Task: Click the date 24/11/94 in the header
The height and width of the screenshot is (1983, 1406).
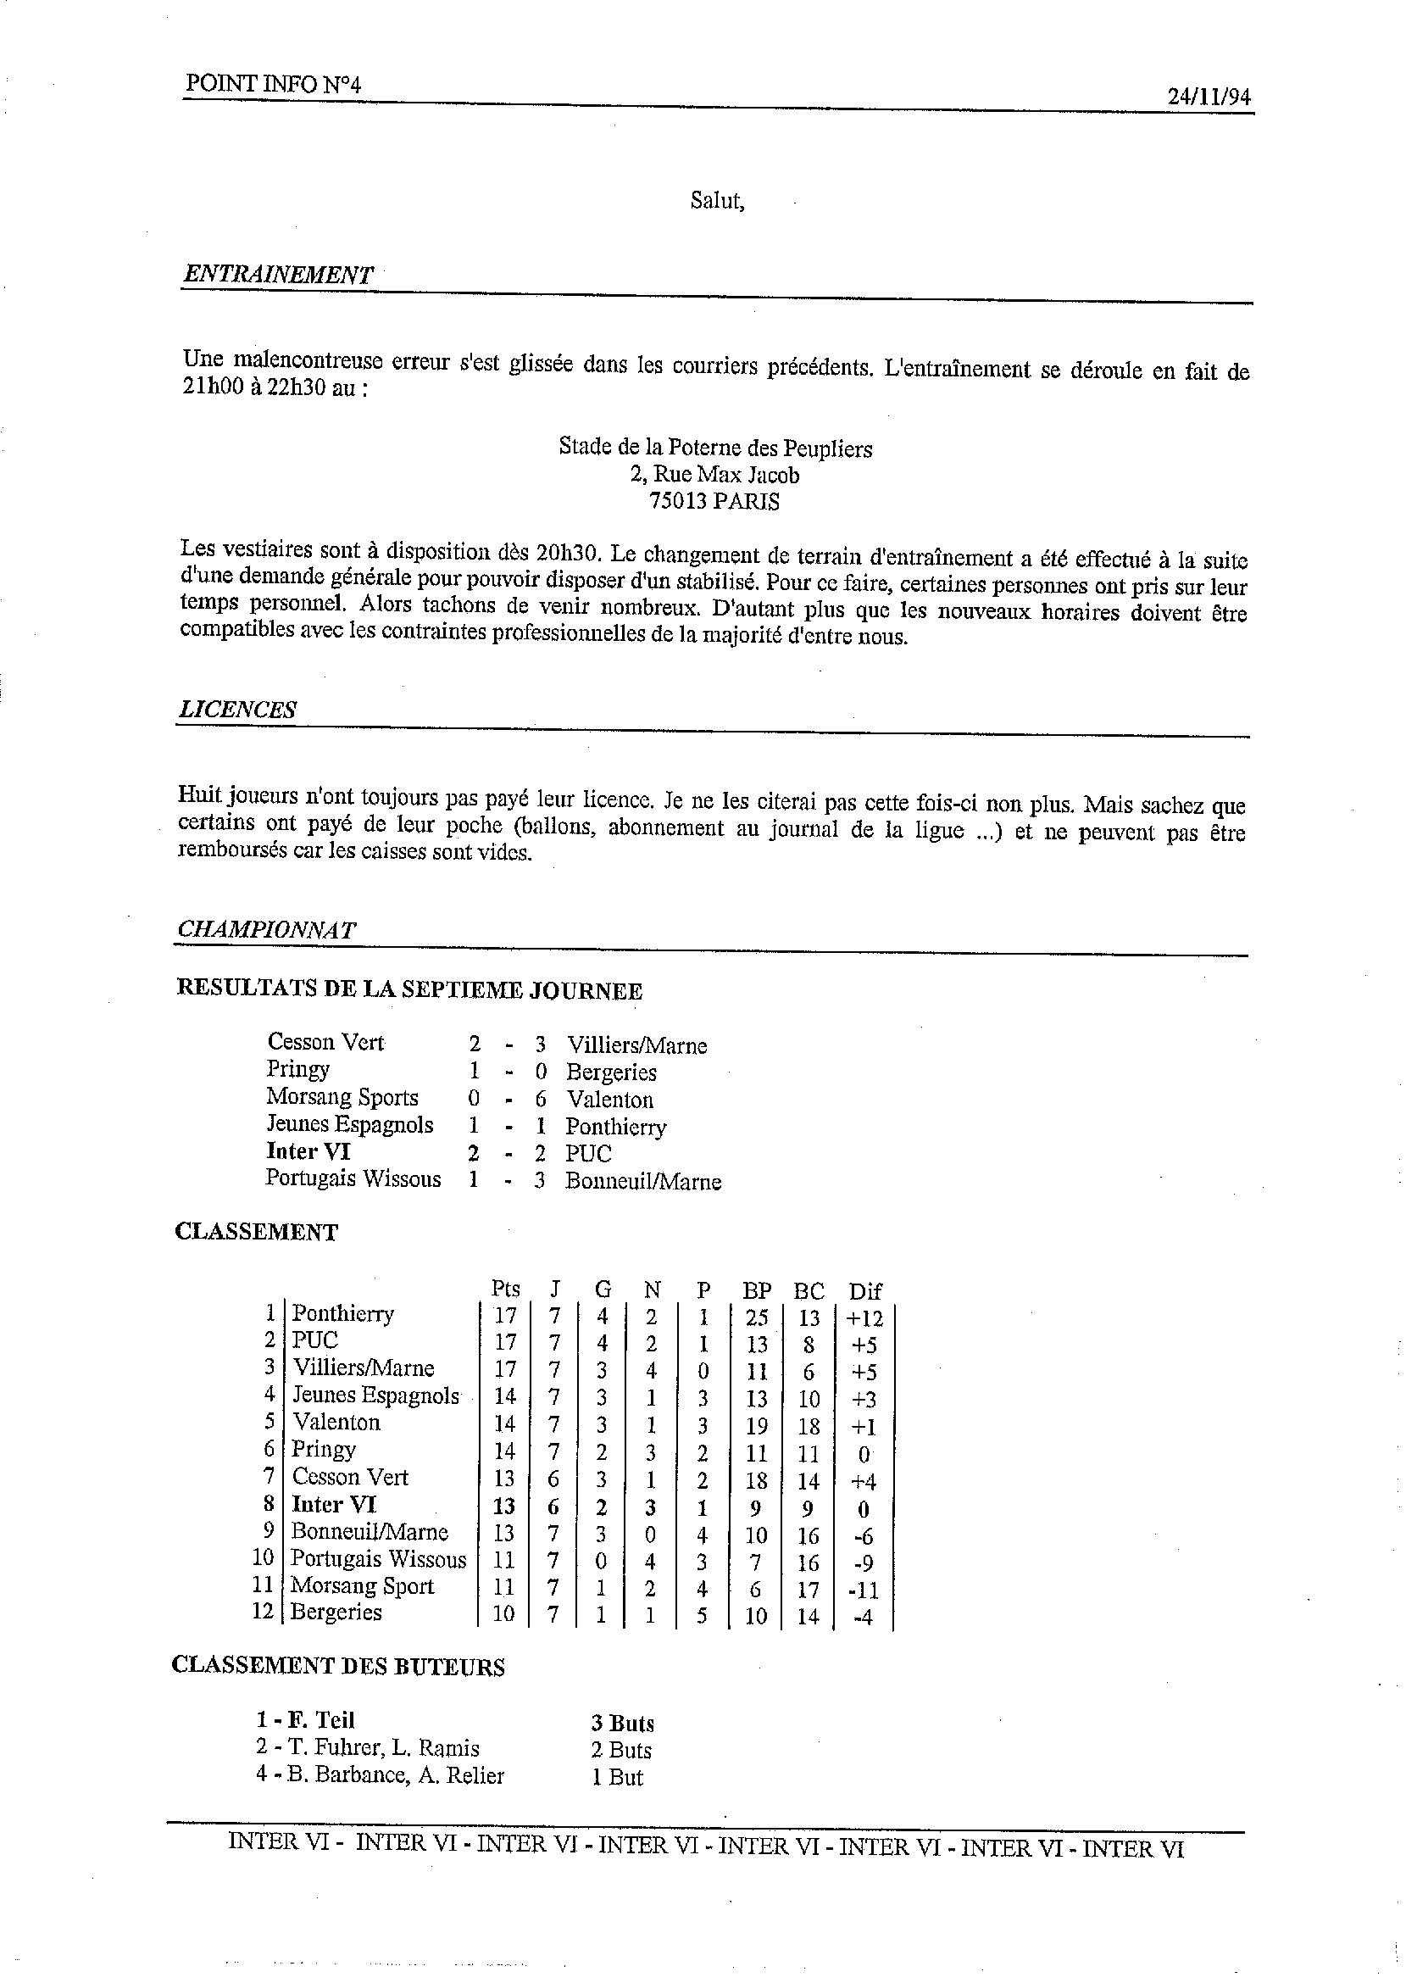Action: click(1209, 97)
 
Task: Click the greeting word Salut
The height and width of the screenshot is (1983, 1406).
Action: click(717, 202)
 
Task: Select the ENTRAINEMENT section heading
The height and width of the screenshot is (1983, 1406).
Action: click(277, 276)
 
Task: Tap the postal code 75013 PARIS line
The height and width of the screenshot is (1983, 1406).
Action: click(714, 501)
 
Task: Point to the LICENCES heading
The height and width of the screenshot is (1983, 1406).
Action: click(237, 710)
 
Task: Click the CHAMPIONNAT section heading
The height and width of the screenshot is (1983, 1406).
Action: click(266, 929)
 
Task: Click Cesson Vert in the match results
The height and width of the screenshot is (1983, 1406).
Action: click(325, 1042)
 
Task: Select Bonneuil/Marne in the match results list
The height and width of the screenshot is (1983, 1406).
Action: click(642, 1182)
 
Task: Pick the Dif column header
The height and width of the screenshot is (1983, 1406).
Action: click(864, 1291)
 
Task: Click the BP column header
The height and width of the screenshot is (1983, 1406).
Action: click(757, 1290)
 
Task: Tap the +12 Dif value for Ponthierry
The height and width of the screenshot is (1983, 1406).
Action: click(864, 1318)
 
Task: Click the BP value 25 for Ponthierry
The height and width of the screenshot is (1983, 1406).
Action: click(757, 1318)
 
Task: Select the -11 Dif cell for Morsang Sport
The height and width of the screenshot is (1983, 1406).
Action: click(864, 1590)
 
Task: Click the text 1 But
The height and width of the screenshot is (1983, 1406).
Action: click(617, 1777)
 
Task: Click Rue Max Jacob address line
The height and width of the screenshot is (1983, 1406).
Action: click(714, 475)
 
